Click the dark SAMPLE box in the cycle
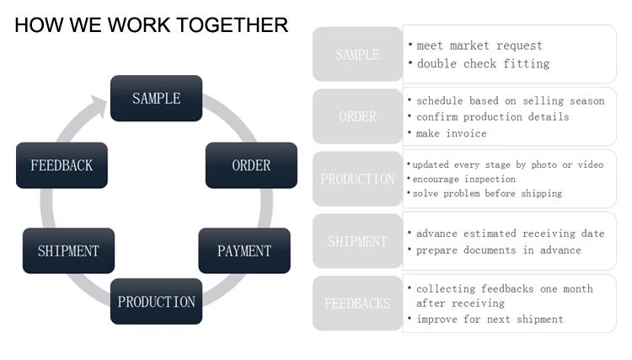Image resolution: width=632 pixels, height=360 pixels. coord(157,99)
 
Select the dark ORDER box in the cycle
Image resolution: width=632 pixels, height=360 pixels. coord(251,165)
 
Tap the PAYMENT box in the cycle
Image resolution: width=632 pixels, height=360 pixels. coord(244,250)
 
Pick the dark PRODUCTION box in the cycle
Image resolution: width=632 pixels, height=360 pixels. coord(157,302)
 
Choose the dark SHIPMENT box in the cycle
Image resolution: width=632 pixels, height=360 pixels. coord(68,250)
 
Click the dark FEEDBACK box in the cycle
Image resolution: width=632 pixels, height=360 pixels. coord(62,165)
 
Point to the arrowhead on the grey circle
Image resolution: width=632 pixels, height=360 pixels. coord(99,106)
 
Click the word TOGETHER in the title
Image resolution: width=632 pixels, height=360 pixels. coord(233,25)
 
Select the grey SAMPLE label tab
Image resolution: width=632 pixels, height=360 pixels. coord(357,55)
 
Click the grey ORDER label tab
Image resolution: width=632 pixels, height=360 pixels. coord(357,116)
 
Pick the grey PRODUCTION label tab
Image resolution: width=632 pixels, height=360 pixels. coord(357,179)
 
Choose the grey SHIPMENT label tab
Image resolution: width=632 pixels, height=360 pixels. coord(357,241)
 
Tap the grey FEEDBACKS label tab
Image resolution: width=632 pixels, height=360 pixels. coord(357,304)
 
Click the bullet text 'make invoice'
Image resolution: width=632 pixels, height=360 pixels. coord(452,133)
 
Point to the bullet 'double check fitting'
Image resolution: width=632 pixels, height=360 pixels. coord(484,64)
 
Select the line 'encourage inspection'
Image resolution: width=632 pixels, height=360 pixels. coord(464,179)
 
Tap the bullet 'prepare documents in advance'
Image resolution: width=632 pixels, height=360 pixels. coord(499,250)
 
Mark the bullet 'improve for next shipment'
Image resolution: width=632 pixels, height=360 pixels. coord(490,320)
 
